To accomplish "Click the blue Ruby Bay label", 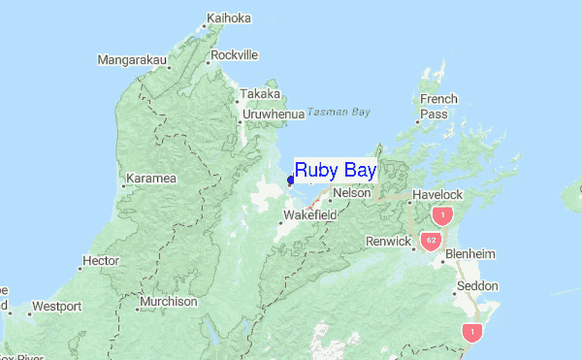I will point(335,170).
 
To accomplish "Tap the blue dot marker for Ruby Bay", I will point(291,180).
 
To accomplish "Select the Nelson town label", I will point(353,193).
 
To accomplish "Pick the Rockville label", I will point(234,55).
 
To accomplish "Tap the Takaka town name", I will point(261,94).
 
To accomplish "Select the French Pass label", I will point(438,107).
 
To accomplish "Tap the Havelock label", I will point(438,194).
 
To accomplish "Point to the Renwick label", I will point(388,241).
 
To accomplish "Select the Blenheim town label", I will point(469,254).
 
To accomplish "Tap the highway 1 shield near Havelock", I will point(443,214).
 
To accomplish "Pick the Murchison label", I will point(168,302).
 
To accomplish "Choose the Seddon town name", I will point(477,286).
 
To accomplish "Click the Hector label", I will point(101,261).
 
